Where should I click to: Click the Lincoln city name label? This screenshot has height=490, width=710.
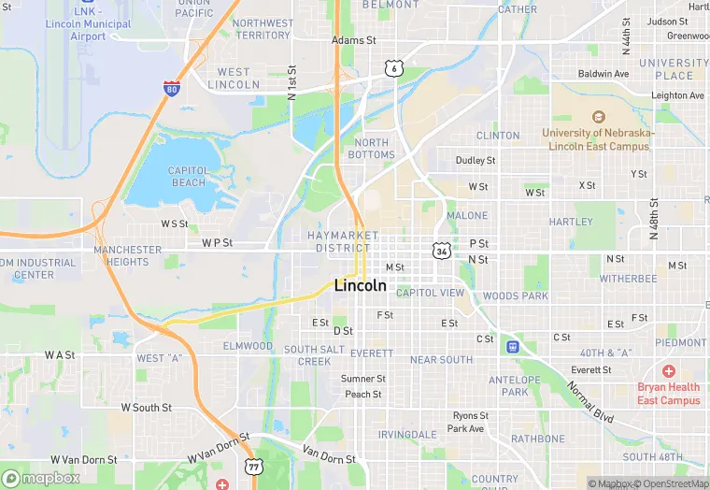[x=360, y=286]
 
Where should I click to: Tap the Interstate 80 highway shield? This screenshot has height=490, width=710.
[x=171, y=89]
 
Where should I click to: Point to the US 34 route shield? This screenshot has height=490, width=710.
[x=440, y=251]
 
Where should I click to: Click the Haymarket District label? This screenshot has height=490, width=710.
[x=343, y=241]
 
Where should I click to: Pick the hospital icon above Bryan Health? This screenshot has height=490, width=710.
[x=669, y=371]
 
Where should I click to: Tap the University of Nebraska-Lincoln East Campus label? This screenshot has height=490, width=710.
[x=599, y=138]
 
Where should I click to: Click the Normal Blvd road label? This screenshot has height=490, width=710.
[x=590, y=401]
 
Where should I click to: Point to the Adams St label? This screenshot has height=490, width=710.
[x=354, y=40]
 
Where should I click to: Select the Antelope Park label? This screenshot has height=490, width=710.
[x=515, y=385]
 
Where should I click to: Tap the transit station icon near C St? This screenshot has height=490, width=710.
[x=512, y=346]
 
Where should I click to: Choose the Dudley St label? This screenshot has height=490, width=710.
[x=475, y=161]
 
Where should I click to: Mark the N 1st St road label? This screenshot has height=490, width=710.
[x=292, y=83]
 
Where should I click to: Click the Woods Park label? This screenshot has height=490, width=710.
[x=515, y=295]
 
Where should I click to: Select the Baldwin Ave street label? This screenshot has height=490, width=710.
[x=603, y=74]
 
